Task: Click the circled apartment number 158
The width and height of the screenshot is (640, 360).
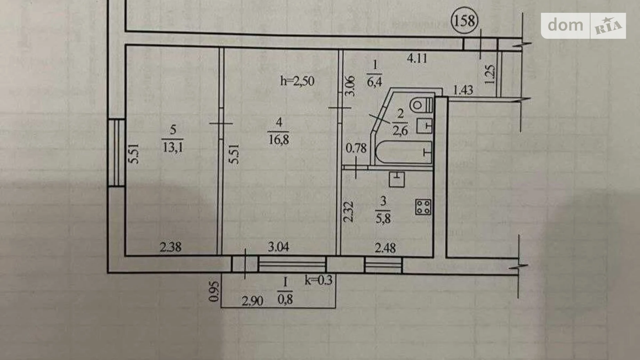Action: tap(464, 21)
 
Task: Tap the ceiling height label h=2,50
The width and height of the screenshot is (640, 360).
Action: tap(297, 81)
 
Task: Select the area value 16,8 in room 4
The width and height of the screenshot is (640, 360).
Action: tap(279, 140)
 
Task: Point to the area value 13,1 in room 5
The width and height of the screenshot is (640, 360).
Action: tap(173, 148)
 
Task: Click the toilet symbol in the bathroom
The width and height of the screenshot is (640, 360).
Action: tap(421, 105)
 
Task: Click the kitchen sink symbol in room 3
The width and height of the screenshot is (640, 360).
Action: tap(397, 179)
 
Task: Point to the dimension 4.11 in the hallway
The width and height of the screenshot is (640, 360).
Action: tap(417, 58)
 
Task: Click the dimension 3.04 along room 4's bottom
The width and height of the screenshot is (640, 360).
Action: tap(278, 247)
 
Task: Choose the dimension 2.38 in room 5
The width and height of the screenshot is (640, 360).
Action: tap(170, 247)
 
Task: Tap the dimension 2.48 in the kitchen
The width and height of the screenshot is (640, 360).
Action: tap(385, 248)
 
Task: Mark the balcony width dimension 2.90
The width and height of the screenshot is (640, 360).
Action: tap(252, 301)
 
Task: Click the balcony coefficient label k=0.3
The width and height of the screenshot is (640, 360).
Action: tap(318, 280)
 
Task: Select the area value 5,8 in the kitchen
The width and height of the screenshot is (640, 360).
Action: tap(383, 219)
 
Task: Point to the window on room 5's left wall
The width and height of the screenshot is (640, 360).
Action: tap(116, 153)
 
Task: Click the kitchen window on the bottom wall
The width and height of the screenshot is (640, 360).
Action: tap(383, 265)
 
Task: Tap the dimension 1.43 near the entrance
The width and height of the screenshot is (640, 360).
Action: tap(463, 90)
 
